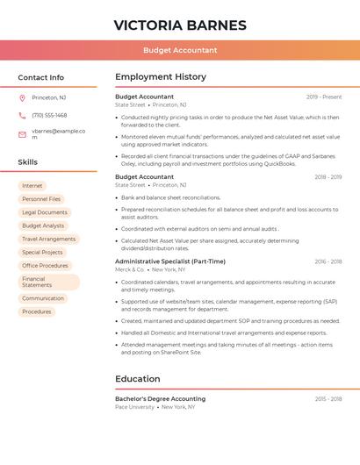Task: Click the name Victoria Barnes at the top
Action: [180, 25]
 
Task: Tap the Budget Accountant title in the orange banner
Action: [180, 50]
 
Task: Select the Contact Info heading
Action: [41, 77]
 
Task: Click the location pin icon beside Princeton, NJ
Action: [22, 97]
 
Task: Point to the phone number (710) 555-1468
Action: [49, 115]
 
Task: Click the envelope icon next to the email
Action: [22, 133]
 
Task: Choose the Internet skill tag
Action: [32, 186]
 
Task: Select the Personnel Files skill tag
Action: [41, 199]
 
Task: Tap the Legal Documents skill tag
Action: [45, 212]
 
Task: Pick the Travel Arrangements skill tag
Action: [49, 239]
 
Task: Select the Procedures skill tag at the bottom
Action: [37, 311]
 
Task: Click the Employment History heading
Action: [161, 77]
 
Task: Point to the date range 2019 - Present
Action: [323, 97]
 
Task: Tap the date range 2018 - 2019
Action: [328, 177]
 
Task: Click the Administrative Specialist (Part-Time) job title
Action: [170, 261]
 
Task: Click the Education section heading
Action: [138, 379]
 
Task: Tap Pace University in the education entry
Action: [134, 407]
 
